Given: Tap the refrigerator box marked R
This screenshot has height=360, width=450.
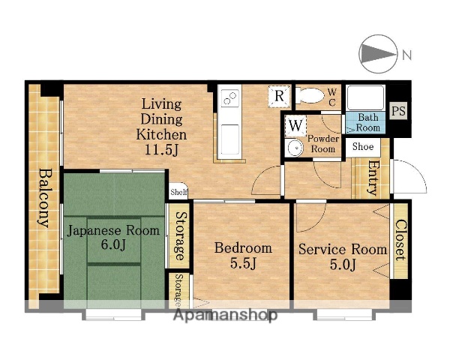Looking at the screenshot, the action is pyautogui.click(x=279, y=96).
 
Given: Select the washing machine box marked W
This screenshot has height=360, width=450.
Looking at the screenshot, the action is pyautogui.click(x=295, y=125).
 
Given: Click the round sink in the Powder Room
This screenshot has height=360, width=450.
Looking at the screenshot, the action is pyautogui.click(x=295, y=147).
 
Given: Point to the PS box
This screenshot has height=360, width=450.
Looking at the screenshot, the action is pyautogui.click(x=399, y=110).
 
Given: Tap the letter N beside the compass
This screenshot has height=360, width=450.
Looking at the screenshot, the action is pyautogui.click(x=406, y=55).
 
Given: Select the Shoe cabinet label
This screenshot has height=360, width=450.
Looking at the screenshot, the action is pyautogui.click(x=363, y=147).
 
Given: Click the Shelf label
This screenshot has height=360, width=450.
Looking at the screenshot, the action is pyautogui.click(x=178, y=192).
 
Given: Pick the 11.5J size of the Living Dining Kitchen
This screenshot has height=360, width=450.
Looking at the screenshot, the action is pyautogui.click(x=161, y=149).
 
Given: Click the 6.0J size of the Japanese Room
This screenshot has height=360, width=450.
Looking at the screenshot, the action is pyautogui.click(x=113, y=245).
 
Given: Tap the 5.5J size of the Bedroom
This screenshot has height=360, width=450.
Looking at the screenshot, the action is pyautogui.click(x=243, y=263).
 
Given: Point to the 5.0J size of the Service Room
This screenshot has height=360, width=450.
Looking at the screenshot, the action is pyautogui.click(x=343, y=265).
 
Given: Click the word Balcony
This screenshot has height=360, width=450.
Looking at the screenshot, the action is pyautogui.click(x=44, y=198).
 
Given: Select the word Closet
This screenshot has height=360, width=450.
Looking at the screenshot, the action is pyautogui.click(x=400, y=240).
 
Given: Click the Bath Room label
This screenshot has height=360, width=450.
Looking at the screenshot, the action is pyautogui.click(x=368, y=122).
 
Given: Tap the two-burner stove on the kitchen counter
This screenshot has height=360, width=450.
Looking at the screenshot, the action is pyautogui.click(x=230, y=97).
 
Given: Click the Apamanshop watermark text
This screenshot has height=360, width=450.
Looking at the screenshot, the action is pyautogui.click(x=226, y=315).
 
